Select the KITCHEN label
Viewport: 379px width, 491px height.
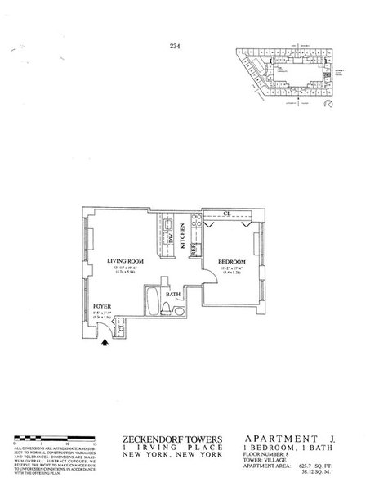pyautogui.click(x=182, y=238)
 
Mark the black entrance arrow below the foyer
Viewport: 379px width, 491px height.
pyautogui.click(x=105, y=344)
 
